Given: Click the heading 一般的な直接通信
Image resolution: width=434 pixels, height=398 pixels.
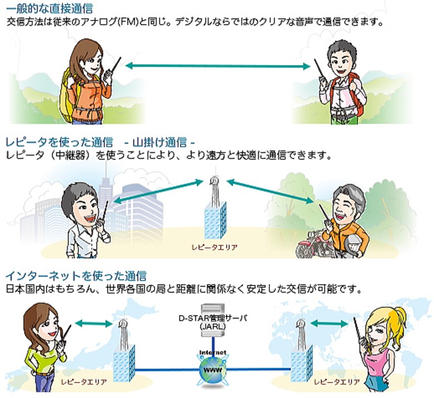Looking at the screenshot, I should click(x=50, y=8).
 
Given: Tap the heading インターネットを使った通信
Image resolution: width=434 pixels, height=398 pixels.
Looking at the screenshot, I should click(x=76, y=275).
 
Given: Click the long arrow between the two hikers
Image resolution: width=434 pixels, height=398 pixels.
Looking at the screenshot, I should click(x=217, y=66).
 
